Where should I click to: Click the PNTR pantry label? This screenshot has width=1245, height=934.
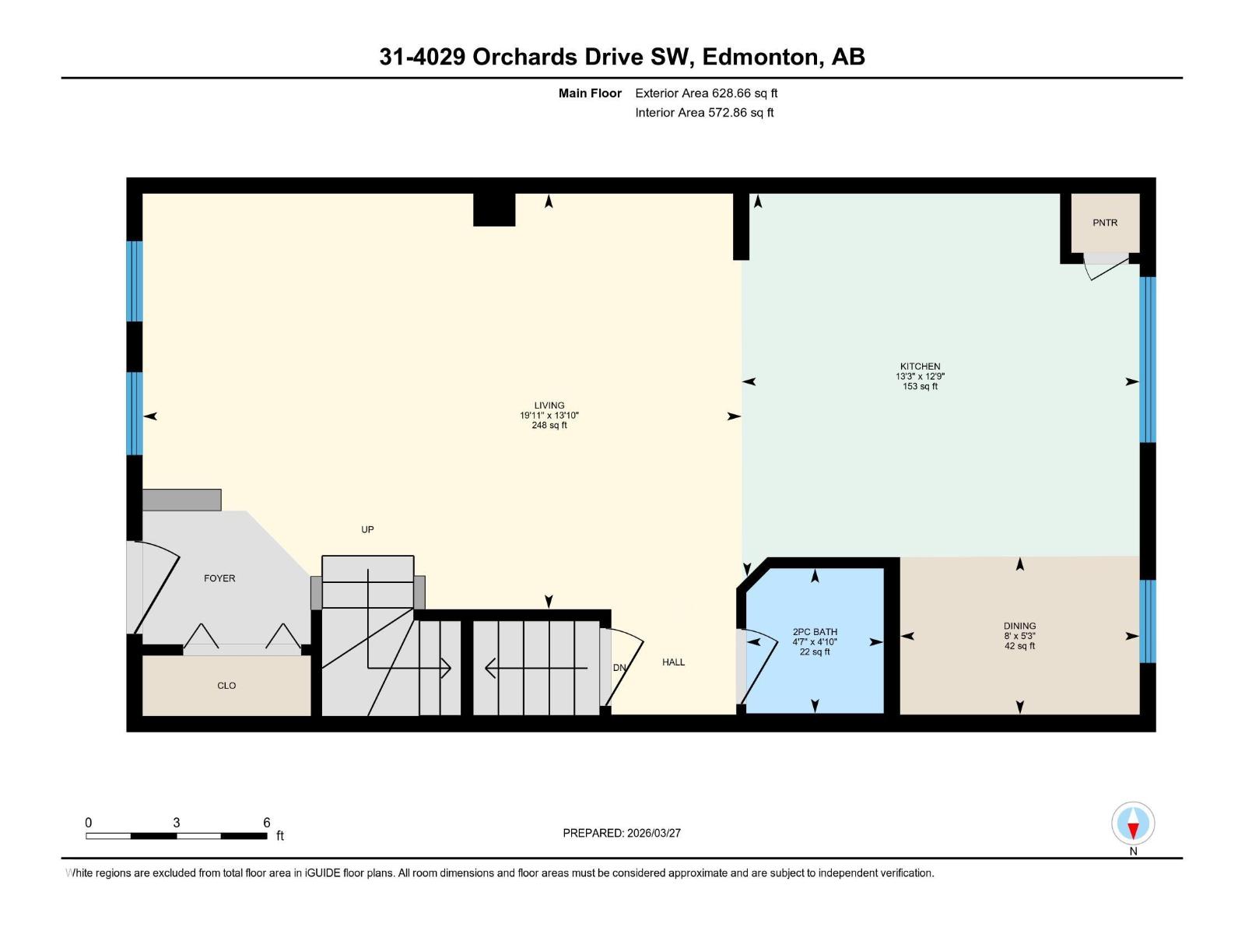(x=1104, y=223)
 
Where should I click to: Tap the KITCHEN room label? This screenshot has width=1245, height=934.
(x=920, y=366)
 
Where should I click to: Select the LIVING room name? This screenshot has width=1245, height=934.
(x=549, y=405)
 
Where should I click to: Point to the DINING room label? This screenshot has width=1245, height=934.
(x=1019, y=626)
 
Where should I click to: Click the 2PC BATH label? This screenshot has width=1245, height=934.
(x=815, y=632)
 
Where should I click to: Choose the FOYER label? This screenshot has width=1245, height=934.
(x=219, y=578)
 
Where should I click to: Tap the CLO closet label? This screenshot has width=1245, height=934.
(x=226, y=686)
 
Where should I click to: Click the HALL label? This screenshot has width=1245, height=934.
(x=673, y=662)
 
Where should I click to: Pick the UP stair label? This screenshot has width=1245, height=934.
(x=367, y=529)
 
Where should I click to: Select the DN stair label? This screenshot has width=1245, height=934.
(x=619, y=668)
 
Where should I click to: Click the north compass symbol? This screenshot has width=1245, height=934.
(x=1133, y=824)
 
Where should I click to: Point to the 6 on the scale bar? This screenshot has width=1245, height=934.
(x=266, y=823)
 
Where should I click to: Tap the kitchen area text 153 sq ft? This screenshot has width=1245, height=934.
(x=920, y=387)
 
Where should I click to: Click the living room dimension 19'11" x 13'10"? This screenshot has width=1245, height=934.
(x=549, y=416)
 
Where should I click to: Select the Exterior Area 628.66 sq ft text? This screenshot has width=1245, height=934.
(x=706, y=93)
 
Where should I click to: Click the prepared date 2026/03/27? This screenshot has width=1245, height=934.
(x=653, y=833)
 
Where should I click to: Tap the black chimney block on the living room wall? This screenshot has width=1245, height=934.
(x=494, y=209)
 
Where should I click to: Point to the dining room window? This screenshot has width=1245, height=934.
(x=1147, y=621)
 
